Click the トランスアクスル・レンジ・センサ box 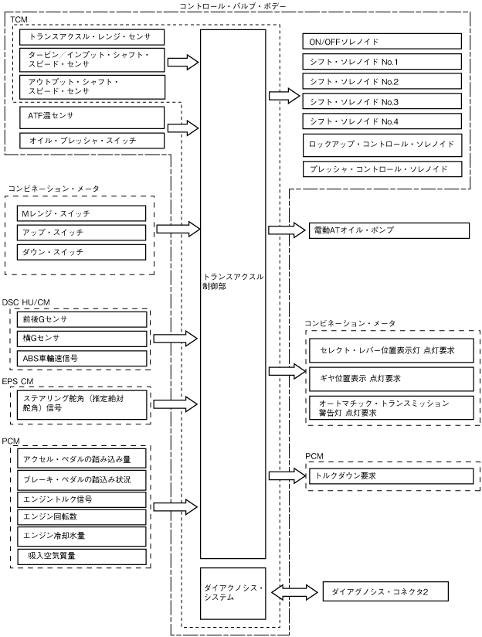pos(90,36)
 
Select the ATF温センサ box pos(90,118)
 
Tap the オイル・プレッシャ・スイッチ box pos(90,140)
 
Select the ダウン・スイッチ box pos(81,252)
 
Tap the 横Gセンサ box pos(81,338)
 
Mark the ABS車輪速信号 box pos(81,358)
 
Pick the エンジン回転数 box pos(81,516)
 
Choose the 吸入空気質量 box pos(81,556)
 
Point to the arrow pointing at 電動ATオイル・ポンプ pos(287,230)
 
